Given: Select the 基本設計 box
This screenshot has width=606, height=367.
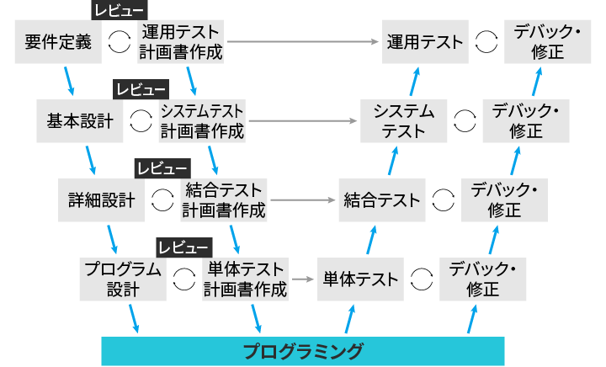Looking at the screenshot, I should pos(80,121).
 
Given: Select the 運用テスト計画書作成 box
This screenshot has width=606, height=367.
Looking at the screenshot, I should pos(182,42).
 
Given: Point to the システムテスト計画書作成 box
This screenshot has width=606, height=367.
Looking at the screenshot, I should pos(203,121).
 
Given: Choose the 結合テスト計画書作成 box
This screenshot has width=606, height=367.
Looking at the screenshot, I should pos(224,200).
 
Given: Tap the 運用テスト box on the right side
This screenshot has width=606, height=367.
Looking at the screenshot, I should pos(424,42).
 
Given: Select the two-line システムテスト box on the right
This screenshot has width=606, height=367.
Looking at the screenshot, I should pos(403,121).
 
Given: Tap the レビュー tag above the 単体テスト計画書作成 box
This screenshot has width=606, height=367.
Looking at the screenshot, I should pos(183,247).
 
